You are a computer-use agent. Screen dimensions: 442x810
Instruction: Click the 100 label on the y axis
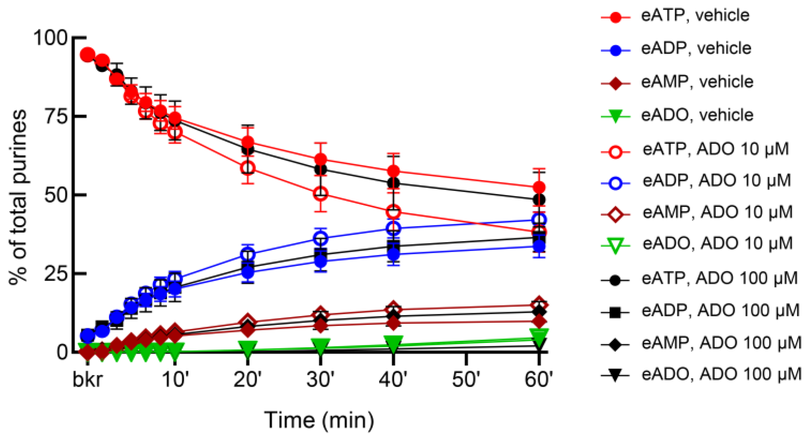coord(50,37)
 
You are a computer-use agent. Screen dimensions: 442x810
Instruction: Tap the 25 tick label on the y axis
coord(55,274)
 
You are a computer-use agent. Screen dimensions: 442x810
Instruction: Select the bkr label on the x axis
coord(87,380)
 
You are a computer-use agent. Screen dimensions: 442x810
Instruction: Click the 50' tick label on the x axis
coord(466,380)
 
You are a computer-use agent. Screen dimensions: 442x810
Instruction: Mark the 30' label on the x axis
coord(320,380)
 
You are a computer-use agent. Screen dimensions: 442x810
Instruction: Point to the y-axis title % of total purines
coord(18,197)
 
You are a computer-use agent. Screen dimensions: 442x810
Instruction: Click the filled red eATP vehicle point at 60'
coord(539,187)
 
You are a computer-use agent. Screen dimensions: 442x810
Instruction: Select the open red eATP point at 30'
coord(321,194)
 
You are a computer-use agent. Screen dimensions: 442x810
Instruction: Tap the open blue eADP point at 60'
coord(539,220)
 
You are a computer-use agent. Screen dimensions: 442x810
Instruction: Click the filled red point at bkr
coord(87,55)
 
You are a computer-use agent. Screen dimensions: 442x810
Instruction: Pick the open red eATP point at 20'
coord(248,167)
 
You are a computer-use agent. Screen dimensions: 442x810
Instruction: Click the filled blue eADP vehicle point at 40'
coord(393,254)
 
